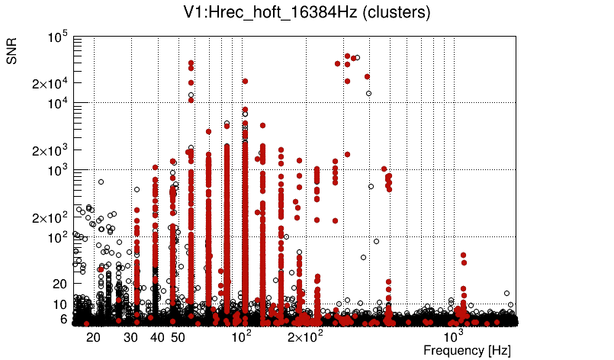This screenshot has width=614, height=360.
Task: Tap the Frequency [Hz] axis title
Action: tap(467, 350)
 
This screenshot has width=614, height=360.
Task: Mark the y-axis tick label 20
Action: tap(59, 284)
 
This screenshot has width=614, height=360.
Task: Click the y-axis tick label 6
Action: tap(64, 319)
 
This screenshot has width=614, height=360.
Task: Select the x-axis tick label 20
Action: tap(92, 337)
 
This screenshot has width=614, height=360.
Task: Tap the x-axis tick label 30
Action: tap(130, 337)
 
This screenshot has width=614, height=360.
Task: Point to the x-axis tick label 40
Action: tap(157, 337)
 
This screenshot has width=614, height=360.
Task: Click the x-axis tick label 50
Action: tap(177, 337)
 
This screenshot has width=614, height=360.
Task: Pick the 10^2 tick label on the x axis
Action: tap(241, 336)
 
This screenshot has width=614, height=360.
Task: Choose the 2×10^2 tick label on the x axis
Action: tap(304, 336)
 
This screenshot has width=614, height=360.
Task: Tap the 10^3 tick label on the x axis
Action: tap(454, 336)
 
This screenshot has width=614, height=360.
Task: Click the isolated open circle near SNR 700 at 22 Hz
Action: tap(101, 182)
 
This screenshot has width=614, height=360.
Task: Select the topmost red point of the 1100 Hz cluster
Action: tap(463, 256)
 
